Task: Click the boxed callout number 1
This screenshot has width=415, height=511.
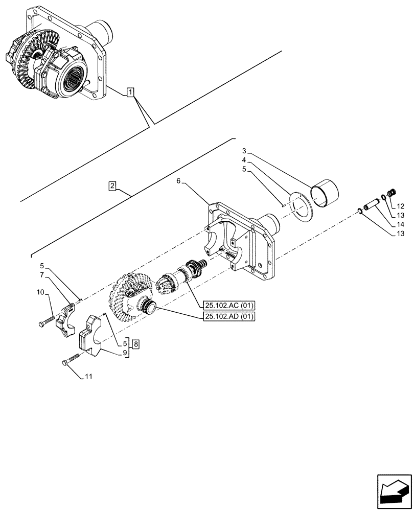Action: click(x=131, y=92)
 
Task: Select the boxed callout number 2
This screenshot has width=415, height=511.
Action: click(x=112, y=186)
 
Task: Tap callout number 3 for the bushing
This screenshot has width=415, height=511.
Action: click(x=245, y=151)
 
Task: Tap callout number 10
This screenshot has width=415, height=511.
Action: click(x=40, y=292)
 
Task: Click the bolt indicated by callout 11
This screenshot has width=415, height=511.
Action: click(x=71, y=360)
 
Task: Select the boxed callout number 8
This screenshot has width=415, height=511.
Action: click(x=135, y=343)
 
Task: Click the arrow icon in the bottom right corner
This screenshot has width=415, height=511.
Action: click(x=394, y=489)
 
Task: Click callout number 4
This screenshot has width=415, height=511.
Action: click(x=245, y=160)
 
